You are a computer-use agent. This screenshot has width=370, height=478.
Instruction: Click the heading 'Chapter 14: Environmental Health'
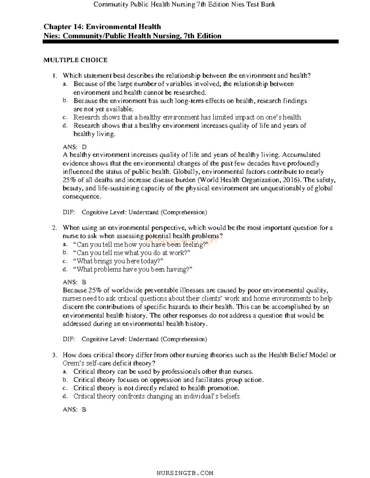pos(102,27)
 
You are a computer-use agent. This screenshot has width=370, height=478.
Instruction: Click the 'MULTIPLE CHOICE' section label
pos(75,60)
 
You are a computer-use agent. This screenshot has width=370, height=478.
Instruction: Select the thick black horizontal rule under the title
pos(191,42)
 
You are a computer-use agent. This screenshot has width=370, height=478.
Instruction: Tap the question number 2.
pos(55,228)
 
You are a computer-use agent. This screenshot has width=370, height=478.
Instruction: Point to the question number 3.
pos(55,355)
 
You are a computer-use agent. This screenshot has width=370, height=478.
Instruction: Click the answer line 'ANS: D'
pos(75,147)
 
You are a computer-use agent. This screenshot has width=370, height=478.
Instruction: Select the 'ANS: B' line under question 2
pos(74,282)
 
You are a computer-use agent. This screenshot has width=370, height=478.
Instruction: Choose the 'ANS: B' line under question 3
pos(74,409)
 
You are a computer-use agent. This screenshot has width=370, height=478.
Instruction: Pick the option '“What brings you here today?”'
pos(118,261)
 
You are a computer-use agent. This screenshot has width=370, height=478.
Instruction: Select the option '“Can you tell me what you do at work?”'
pos(132,253)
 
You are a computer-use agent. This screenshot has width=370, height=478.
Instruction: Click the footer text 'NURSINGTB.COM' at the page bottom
pos(185,473)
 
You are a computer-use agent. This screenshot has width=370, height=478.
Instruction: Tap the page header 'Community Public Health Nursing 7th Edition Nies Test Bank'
pos(184,4)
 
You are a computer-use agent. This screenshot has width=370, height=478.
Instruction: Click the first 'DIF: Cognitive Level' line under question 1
pos(135,212)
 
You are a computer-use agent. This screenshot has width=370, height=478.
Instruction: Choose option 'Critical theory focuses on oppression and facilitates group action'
pos(168,380)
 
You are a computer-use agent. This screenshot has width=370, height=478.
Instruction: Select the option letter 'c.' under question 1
pos(64,117)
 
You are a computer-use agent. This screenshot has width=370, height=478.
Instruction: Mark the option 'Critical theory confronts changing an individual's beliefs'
pos(157,396)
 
